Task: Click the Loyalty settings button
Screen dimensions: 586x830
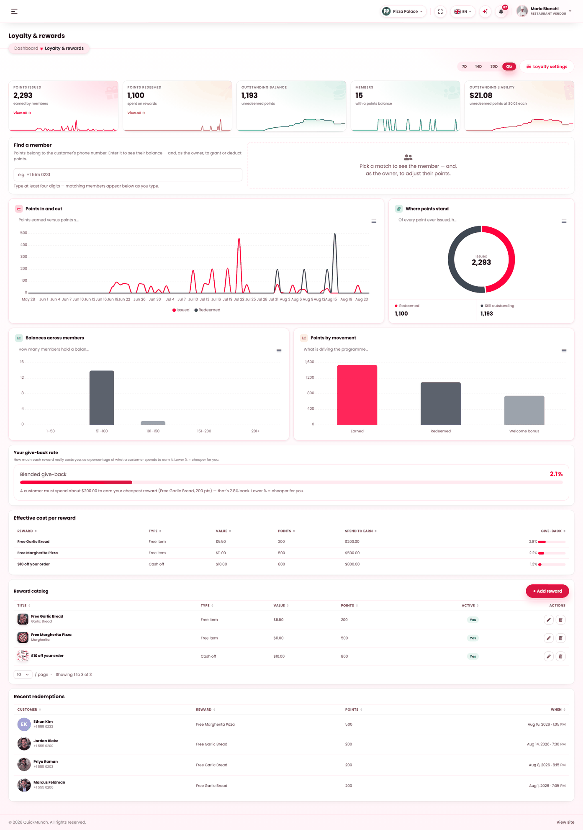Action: point(547,67)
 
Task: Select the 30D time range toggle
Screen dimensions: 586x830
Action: point(494,67)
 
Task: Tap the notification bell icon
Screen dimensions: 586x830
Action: point(501,12)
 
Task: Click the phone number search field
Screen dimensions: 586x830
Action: point(128,175)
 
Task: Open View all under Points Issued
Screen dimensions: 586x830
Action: point(22,113)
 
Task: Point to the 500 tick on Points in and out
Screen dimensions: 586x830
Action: point(23,233)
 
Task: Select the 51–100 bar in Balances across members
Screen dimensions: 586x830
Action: point(102,398)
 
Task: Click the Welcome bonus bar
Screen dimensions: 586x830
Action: point(524,410)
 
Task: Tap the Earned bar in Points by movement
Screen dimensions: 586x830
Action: point(357,395)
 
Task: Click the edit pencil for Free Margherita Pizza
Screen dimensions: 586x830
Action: point(548,638)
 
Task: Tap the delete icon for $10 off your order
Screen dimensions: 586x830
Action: point(560,656)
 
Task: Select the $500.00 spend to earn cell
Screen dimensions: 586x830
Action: point(352,553)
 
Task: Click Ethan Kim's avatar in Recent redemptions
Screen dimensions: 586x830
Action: point(24,724)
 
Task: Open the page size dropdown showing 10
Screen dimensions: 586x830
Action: point(23,675)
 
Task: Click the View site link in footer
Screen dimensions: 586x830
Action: point(565,822)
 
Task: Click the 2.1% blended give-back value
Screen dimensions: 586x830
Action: point(556,474)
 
